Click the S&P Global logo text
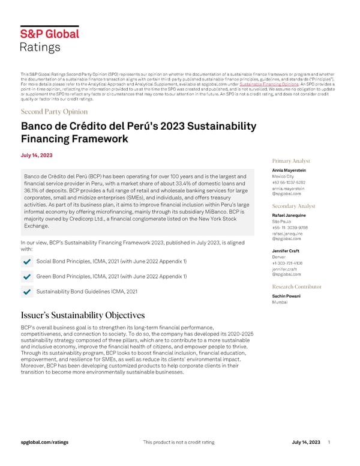tap(50, 35)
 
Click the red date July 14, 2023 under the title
tap(37, 156)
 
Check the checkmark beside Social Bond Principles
tap(26, 262)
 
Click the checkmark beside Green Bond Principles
tap(26, 276)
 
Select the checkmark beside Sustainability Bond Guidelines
tap(26, 291)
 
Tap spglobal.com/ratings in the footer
tap(44, 442)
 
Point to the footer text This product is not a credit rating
tap(179, 442)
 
